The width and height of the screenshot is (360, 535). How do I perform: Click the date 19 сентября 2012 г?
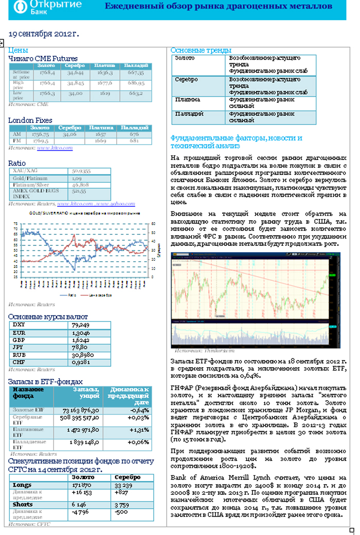coord(44,34)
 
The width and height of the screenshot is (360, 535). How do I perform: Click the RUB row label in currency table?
coord(19,355)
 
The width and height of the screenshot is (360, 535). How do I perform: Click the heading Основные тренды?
coord(201,50)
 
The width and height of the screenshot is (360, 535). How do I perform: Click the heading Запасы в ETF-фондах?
coord(45,382)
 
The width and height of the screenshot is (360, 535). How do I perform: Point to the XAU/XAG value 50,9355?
coord(83,171)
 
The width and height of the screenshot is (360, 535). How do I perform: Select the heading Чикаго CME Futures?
coord(43,59)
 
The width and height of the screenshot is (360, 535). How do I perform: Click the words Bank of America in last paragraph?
coord(196,477)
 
